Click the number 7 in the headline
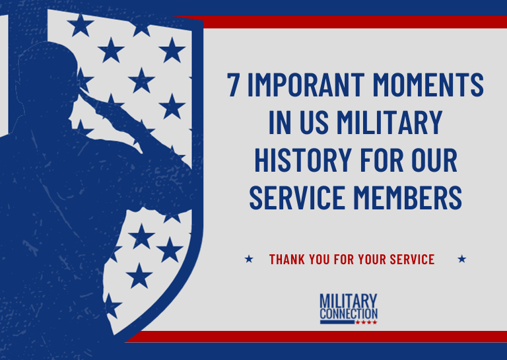[x=233, y=86]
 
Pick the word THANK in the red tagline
[x=287, y=259]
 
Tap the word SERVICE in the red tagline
[x=410, y=259]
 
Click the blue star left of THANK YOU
[x=249, y=259]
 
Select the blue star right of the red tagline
[x=461, y=259]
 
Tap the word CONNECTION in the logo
[x=349, y=313]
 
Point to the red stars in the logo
[x=366, y=322]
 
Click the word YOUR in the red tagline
[x=357, y=259]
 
